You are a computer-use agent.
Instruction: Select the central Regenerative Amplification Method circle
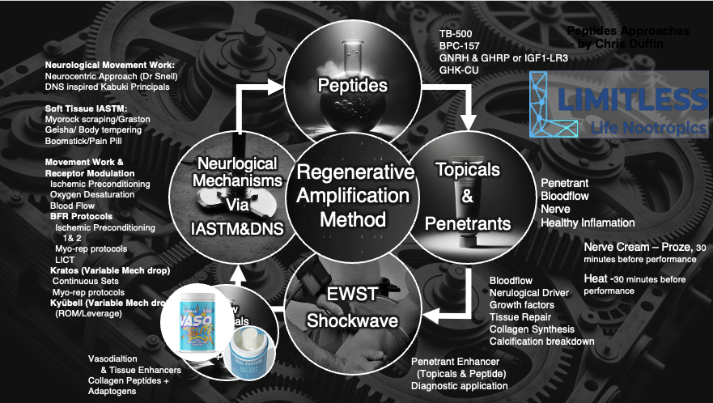(x=351, y=195)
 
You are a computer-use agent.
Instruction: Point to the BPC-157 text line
(x=460, y=47)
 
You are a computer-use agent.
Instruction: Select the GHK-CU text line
(x=458, y=71)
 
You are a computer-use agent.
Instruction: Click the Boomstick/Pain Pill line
(x=87, y=140)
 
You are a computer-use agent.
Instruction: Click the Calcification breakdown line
(x=542, y=341)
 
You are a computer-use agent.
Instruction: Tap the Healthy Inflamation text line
(x=588, y=223)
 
